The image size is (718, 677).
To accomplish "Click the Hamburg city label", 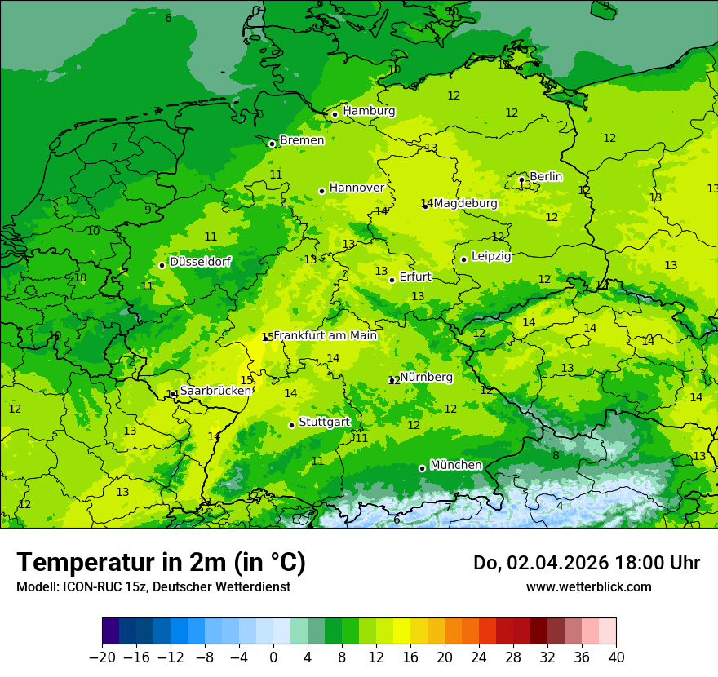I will click(x=369, y=111).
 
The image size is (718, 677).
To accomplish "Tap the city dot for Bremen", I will click(x=272, y=144).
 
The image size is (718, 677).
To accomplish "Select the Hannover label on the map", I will click(x=357, y=188).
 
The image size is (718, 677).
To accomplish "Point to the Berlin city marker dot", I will click(x=521, y=179).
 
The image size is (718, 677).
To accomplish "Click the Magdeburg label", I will click(x=465, y=203).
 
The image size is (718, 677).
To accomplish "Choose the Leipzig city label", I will click(x=491, y=256).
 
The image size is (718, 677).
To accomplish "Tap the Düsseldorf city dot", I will click(x=162, y=265).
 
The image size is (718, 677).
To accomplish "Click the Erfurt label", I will click(x=414, y=277).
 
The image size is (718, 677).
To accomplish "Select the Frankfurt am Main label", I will click(x=325, y=335).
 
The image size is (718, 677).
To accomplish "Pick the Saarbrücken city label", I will click(x=215, y=391).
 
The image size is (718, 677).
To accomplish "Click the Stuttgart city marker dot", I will click(x=291, y=425).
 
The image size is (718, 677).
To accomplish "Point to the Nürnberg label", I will click(x=426, y=377).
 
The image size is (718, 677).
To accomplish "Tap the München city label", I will click(x=455, y=465).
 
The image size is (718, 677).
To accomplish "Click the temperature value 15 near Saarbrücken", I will click(x=246, y=380).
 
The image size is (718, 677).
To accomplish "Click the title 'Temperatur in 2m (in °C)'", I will click(x=161, y=562).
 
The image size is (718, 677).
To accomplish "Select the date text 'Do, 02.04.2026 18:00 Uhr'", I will click(x=586, y=563).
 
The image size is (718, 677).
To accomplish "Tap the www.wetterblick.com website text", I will click(x=588, y=586).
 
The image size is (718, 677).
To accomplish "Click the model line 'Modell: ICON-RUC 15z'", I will click(x=153, y=586).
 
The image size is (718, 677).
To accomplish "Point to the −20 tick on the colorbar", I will click(x=102, y=657).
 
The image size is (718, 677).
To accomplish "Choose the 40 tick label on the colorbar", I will click(x=616, y=657).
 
